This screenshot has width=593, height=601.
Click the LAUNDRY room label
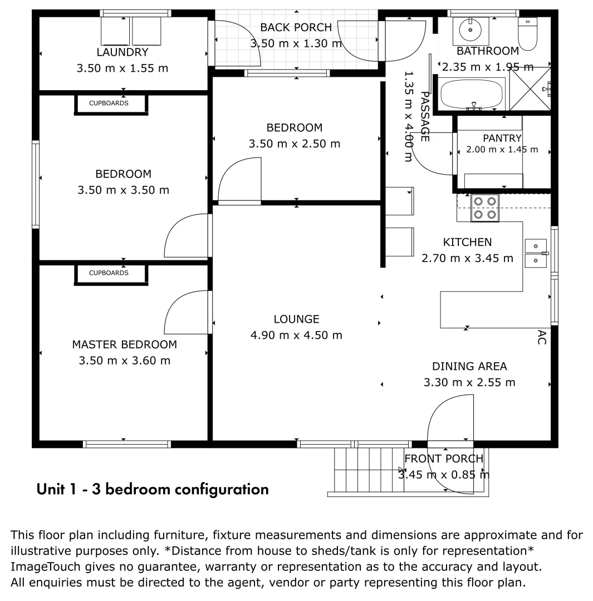[122, 52]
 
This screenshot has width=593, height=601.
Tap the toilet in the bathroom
[527, 34]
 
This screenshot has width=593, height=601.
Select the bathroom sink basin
[471, 29]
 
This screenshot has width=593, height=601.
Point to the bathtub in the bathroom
[472, 94]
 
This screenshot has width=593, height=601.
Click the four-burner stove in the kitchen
[485, 208]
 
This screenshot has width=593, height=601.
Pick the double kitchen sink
[536, 253]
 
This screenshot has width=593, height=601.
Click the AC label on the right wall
[542, 337]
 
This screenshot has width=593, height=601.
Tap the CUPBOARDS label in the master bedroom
[109, 273]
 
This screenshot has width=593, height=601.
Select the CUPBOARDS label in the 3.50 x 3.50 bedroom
[109, 103]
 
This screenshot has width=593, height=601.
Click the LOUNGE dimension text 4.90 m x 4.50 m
[296, 336]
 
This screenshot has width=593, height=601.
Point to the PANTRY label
[502, 138]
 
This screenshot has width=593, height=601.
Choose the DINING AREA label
[469, 366]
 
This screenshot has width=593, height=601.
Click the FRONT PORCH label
[444, 459]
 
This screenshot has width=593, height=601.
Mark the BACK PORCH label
[296, 28]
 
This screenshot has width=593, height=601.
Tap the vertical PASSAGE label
[425, 116]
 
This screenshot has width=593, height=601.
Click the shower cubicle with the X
[530, 89]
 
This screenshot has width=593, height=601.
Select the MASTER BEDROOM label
[125, 344]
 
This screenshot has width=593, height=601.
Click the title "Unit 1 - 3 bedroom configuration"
[153, 490]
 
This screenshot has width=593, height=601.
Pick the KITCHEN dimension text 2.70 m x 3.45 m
[467, 258]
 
